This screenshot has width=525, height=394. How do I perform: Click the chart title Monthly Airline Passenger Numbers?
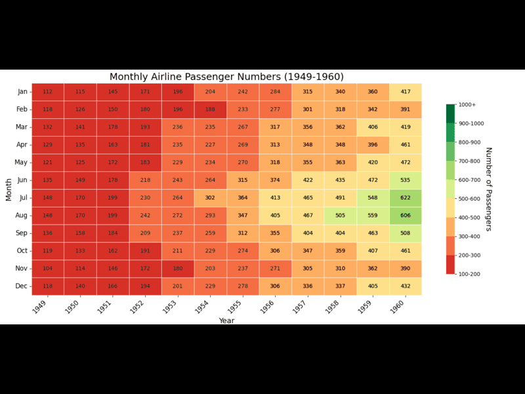tap(226, 77)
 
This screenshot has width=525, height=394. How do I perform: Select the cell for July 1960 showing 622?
tap(405, 198)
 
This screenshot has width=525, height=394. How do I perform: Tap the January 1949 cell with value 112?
tap(48, 92)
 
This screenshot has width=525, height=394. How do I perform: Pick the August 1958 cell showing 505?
tap(340, 215)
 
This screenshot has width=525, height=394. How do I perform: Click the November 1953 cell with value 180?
tap(178, 269)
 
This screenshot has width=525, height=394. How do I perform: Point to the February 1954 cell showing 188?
tap(210, 110)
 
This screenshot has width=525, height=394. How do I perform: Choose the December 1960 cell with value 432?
tap(405, 286)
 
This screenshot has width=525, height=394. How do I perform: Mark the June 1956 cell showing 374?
tap(275, 180)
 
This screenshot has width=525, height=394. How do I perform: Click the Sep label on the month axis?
tap(22, 233)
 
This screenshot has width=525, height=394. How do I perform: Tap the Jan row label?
tap(22, 92)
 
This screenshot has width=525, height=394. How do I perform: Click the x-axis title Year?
tap(226, 320)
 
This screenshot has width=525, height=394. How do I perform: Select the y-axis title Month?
tap(9, 189)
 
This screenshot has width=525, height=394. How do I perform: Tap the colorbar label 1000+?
tap(467, 104)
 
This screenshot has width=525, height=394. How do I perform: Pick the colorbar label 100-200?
tap(470, 274)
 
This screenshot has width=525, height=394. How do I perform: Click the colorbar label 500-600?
tap(470, 198)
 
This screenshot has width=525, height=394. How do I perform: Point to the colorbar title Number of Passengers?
tap(489, 189)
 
